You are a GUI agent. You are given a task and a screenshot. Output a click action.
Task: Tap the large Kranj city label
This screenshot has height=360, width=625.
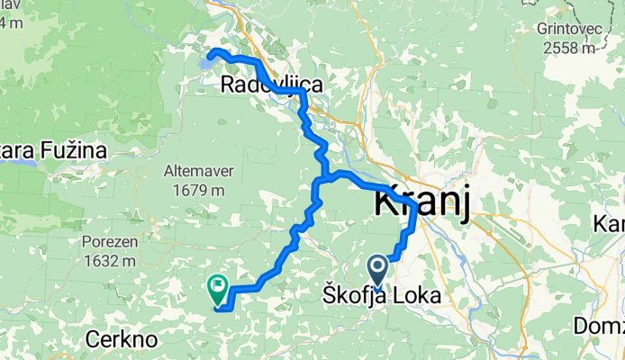pos(422,203)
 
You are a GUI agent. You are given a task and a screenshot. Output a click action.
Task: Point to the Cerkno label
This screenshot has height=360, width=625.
pos(122,339)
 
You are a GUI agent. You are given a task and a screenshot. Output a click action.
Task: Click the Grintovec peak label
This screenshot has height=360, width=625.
pos(563,28)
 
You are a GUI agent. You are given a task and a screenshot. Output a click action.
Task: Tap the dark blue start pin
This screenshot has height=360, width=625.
pos(377,270)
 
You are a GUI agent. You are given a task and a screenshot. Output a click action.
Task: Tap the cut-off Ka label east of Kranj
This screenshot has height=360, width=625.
pos(610,222)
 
